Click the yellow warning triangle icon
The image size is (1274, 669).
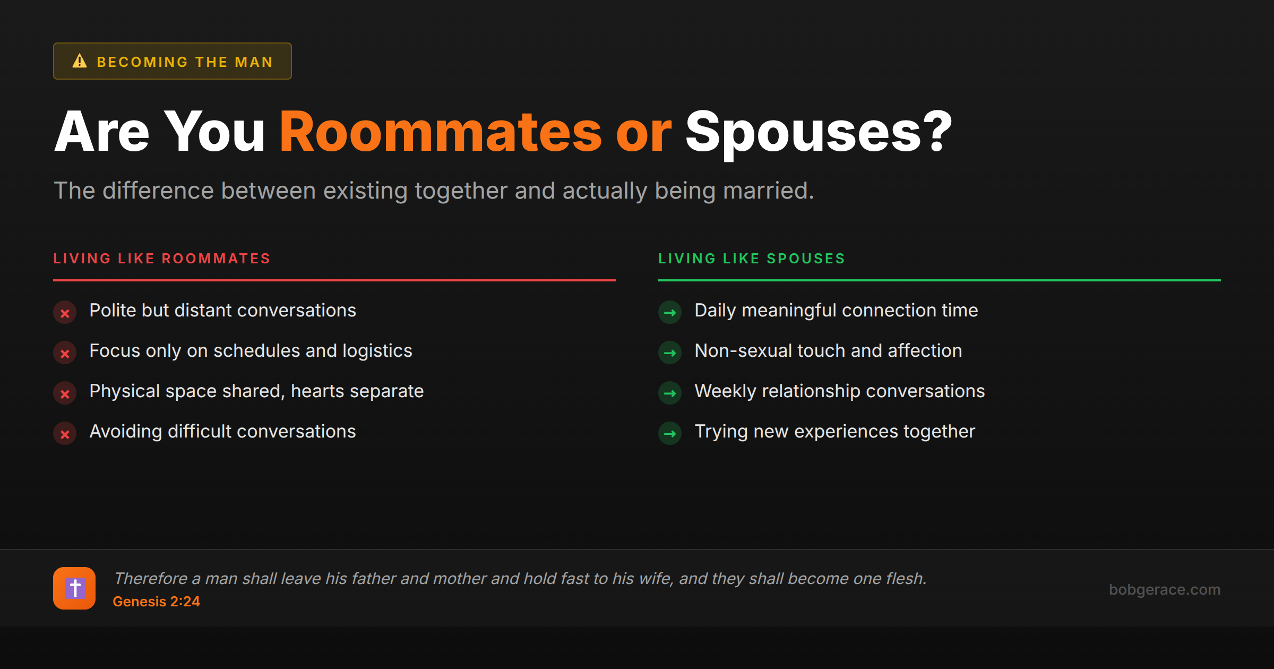pos(80,61)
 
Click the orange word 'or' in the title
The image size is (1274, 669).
pos(643,133)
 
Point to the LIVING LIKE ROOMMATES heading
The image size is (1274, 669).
pos(162,259)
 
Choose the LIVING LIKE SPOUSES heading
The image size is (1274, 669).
pos(751,259)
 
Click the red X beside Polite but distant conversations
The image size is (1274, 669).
pos(65,313)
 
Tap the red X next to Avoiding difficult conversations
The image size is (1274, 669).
pos(65,434)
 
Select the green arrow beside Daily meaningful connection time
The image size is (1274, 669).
pos(670,313)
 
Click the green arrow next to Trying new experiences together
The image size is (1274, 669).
pos(670,434)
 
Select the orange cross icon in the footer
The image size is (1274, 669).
pos(74,588)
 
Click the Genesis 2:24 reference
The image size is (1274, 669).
pos(156,602)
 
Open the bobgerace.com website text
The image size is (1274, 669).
pos(1164,589)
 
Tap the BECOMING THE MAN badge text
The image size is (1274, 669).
pos(184,62)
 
